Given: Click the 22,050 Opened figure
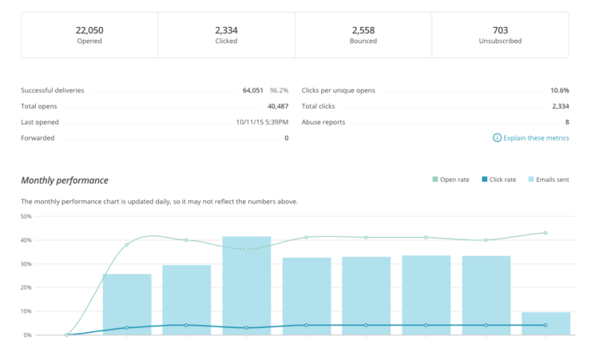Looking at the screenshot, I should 89,30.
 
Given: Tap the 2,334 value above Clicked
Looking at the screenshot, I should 226,30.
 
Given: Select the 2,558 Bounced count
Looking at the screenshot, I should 363,30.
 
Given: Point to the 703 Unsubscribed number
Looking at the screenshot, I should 500,30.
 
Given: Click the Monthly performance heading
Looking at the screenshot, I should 65,180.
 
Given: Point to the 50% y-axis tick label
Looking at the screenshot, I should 26,216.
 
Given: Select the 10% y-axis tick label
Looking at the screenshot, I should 26,311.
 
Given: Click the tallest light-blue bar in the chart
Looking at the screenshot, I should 246,286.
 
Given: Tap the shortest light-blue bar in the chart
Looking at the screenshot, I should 545,323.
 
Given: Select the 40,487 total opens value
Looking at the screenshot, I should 277,106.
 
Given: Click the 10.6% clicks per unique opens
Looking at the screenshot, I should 559,90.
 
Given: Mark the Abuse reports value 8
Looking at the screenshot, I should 567,122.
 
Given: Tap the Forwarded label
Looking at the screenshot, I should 37,138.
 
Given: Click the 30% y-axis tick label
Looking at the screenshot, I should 26,263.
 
